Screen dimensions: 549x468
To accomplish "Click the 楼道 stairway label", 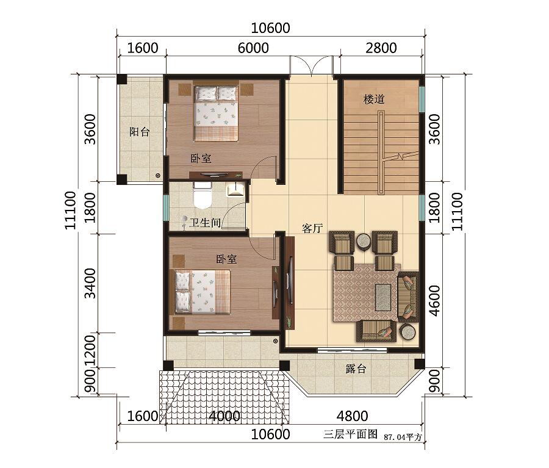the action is tap(374, 99).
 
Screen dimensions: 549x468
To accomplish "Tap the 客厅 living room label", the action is tap(312, 229).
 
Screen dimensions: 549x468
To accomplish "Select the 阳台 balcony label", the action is tap(139, 132).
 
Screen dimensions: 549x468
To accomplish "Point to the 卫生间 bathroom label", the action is tap(205, 223).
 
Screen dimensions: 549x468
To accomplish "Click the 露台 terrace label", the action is tap(356, 369).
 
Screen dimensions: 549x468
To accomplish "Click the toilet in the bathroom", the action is tap(203, 195).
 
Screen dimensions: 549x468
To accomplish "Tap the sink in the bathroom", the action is tap(235, 189).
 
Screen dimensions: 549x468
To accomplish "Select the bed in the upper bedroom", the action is tap(217, 113).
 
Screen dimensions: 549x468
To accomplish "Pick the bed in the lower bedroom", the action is tap(203, 292).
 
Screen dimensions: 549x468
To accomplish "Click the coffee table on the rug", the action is tap(383, 297).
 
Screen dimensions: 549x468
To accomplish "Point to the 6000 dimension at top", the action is tap(253, 48).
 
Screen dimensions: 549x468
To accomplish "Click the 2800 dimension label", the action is tap(381, 48).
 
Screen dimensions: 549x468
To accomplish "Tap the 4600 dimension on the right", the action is tap(434, 301).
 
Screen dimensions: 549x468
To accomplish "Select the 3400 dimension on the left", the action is tap(90, 283).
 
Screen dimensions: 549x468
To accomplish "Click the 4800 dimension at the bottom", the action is tap(352, 416).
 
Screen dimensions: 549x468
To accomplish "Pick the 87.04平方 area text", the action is tap(404, 437).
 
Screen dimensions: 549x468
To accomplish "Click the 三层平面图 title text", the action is tap(350, 434).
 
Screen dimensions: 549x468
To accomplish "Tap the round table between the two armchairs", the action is tap(365, 242).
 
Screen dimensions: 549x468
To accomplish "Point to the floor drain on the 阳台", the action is tap(158, 175).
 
